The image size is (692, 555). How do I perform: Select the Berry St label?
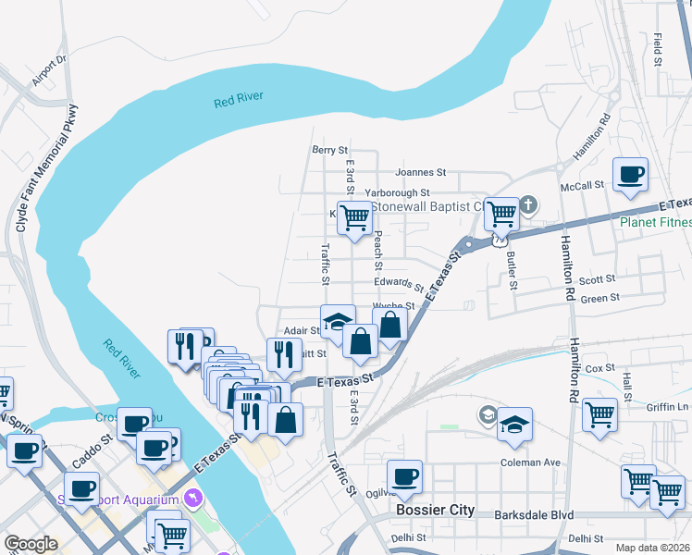(x=329, y=149)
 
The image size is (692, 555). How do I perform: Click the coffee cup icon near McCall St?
(x=630, y=175)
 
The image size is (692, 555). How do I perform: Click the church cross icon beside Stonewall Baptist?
(x=527, y=203)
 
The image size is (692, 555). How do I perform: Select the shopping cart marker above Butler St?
(x=501, y=214)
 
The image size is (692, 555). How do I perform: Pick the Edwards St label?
(x=399, y=282)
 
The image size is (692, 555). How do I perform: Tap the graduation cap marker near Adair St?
(x=338, y=322)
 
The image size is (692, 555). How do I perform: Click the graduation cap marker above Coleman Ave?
(x=514, y=425)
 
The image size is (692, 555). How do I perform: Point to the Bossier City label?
(x=434, y=510)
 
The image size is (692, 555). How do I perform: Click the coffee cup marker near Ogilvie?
(x=404, y=477)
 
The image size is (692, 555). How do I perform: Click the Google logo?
(x=31, y=544)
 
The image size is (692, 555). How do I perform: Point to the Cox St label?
(x=599, y=368)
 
